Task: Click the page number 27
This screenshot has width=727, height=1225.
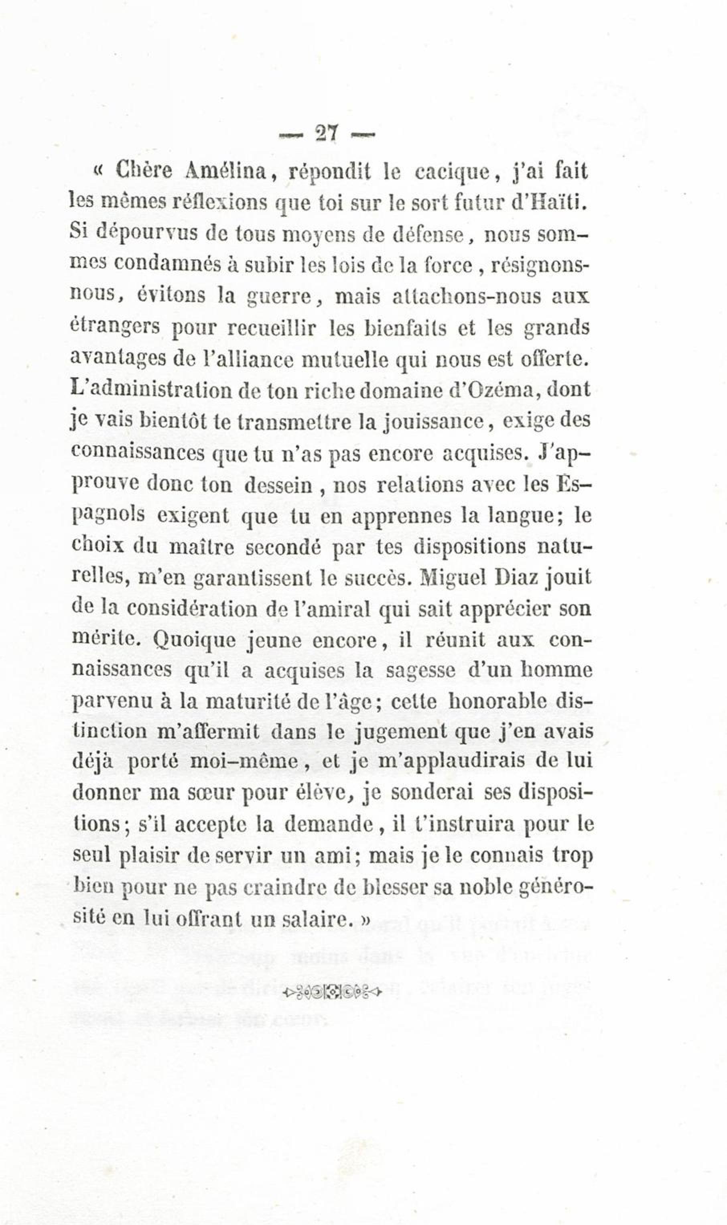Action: tap(326, 133)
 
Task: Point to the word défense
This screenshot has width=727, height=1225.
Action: tap(430, 234)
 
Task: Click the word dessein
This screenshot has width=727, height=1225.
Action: tap(278, 485)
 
